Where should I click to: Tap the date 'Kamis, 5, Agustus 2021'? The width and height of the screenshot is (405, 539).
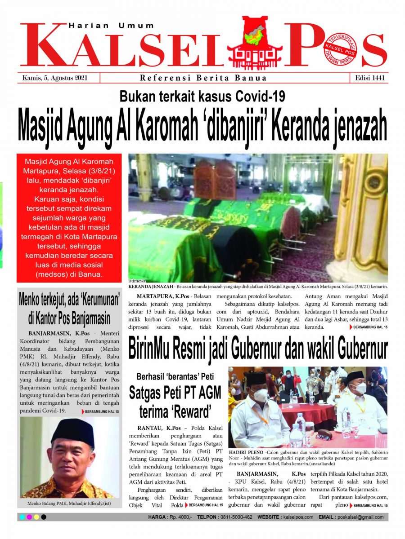pyautogui.click(x=55, y=78)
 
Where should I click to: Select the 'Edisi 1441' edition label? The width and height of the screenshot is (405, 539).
pyautogui.click(x=368, y=78)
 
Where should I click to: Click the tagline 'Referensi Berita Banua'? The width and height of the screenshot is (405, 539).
pyautogui.click(x=203, y=78)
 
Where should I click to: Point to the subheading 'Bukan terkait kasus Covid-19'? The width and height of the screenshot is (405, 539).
pyautogui.click(x=202, y=97)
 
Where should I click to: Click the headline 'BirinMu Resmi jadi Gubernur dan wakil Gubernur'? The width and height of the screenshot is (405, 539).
pyautogui.click(x=258, y=349)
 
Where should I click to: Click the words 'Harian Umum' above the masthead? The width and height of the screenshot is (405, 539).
pyautogui.click(x=111, y=26)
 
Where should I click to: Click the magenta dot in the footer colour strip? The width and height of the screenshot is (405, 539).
pyautogui.click(x=29, y=517)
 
